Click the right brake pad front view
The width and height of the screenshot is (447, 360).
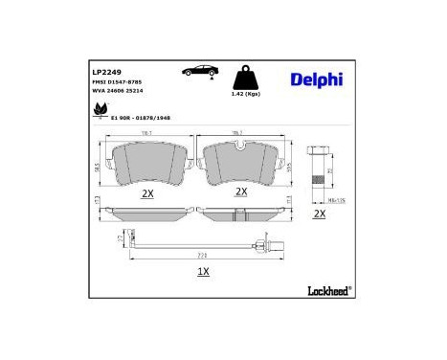pos(241,165)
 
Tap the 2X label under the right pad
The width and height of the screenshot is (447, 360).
pos(241,191)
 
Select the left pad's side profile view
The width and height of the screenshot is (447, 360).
pos(146,211)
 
